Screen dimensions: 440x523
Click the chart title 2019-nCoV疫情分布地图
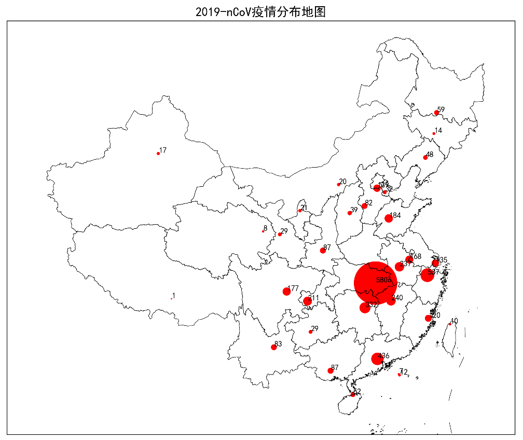[260, 11]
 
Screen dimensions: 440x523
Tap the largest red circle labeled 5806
[376, 283]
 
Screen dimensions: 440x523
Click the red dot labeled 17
[158, 154]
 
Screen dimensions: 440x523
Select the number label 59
[441, 109]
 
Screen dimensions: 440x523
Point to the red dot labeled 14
[434, 134]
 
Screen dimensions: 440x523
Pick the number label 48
[430, 155]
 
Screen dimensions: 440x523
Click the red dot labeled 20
[338, 185]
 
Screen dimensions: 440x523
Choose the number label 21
[304, 208]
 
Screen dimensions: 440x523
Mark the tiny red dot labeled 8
[263, 231]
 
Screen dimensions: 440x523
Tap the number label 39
[354, 210]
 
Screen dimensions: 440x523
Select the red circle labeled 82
[364, 206]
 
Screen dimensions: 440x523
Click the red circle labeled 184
[389, 218]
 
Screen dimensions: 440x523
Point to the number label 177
[293, 288]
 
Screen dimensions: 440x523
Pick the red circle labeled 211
[307, 301]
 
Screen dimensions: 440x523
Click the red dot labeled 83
[273, 347]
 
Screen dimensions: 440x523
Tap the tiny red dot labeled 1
[171, 298]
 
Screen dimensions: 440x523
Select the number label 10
[455, 321]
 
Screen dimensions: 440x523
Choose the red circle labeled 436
[377, 359]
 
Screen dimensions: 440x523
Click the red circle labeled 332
[365, 308]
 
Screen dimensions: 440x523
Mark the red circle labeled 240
[391, 301]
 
